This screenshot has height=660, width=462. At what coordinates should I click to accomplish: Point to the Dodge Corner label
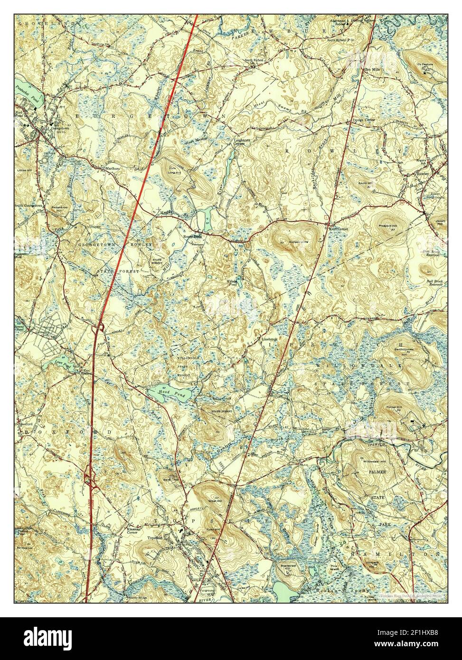coord(363,121)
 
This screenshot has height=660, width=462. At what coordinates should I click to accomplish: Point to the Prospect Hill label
coord(388,226)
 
